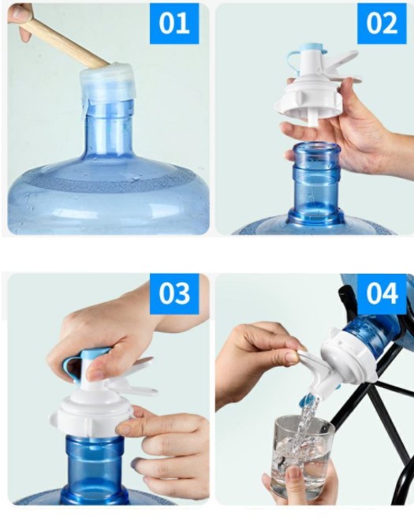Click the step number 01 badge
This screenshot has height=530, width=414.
173,23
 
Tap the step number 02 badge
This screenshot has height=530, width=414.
382,23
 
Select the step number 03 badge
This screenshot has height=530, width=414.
173,293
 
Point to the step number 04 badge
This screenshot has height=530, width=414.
382,293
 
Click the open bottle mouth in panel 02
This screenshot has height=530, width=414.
315,150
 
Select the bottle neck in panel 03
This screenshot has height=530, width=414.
95,465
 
